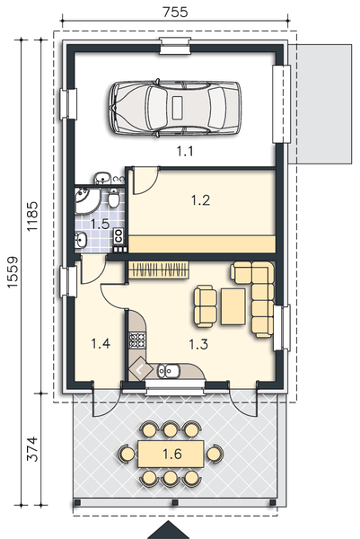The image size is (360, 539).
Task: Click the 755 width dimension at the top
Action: click(175, 12)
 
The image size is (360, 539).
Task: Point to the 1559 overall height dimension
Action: click(13, 272)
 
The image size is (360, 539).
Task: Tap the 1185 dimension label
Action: click(33, 216)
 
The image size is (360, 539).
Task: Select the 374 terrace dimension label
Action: click(32, 448)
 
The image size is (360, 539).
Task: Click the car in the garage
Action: click(175, 108)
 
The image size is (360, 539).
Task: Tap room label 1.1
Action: click(185, 151)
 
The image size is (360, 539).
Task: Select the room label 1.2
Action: click(200, 200)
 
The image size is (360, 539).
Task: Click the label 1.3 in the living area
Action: click(198, 344)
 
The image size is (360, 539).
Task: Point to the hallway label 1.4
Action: click(101, 343)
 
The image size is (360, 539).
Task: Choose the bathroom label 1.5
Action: click(100, 224)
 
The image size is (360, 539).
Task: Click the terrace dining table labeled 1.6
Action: click(171, 454)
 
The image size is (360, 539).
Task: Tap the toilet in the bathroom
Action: click(114, 199)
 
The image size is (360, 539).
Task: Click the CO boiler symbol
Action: click(119, 235)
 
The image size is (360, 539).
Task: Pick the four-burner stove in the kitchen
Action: click(137, 340)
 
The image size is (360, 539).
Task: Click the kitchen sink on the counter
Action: click(168, 370)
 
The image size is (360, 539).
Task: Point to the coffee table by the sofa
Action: click(233, 306)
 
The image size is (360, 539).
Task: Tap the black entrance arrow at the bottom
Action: click(168, 530)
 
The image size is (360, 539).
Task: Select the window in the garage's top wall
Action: click(175, 46)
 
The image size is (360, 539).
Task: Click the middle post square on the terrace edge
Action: click(175, 502)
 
